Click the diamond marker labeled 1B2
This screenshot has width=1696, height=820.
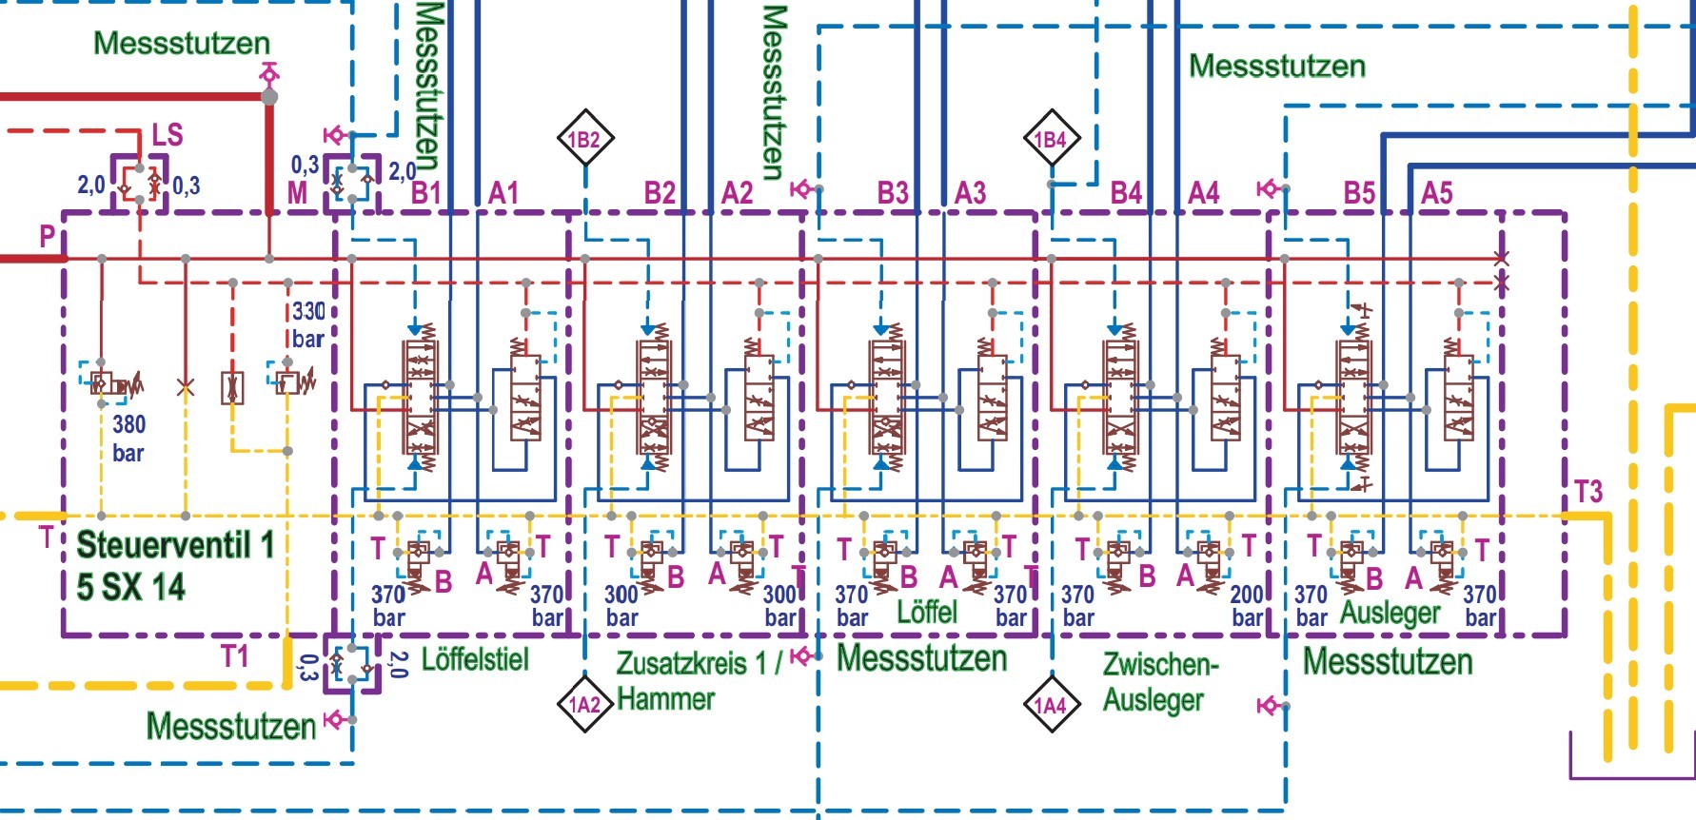pyautogui.click(x=584, y=139)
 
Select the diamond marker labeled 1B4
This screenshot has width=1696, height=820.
pyautogui.click(x=1051, y=139)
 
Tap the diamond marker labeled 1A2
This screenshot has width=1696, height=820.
pyautogui.click(x=584, y=705)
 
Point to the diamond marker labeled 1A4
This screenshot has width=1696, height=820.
pyautogui.click(x=1051, y=705)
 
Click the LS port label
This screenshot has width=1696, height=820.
pyautogui.click(x=168, y=134)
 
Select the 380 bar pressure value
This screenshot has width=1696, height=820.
pyautogui.click(x=128, y=438)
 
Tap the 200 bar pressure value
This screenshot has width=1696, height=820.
pyautogui.click(x=1247, y=606)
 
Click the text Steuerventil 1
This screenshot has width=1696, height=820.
pyautogui.click(x=175, y=545)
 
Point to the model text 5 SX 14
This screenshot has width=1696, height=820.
pyautogui.click(x=130, y=587)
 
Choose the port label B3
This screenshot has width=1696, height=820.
pyautogui.click(x=893, y=193)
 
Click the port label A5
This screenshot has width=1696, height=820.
pyautogui.click(x=1437, y=193)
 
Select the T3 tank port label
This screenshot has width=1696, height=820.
pyautogui.click(x=1588, y=492)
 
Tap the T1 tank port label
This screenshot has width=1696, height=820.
pyautogui.click(x=235, y=655)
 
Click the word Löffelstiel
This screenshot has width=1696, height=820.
pyautogui.click(x=475, y=658)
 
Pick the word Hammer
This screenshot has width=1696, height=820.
pyautogui.click(x=665, y=699)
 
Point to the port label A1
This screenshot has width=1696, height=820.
pyautogui.click(x=503, y=193)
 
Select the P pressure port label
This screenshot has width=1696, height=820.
pyautogui.click(x=47, y=237)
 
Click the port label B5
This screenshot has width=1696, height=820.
pyautogui.click(x=1359, y=193)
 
